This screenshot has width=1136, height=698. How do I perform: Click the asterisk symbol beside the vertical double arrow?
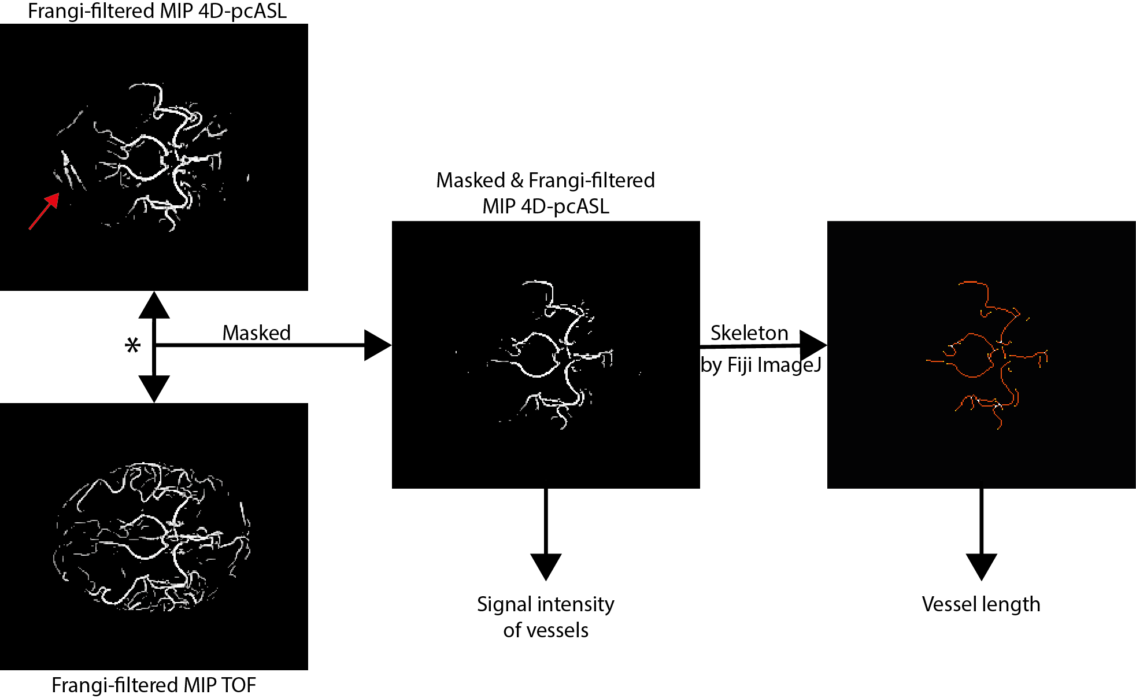(132, 345)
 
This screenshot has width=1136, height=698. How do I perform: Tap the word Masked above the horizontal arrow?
(256, 333)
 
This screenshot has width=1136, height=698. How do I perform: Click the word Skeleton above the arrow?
(749, 333)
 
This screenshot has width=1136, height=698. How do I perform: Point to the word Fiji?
(739, 364)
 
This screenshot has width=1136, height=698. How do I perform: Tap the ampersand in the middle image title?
(517, 180)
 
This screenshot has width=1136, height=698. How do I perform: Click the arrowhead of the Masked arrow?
(378, 345)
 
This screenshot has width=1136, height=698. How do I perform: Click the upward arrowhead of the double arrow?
(154, 305)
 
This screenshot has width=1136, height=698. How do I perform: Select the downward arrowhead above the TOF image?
(154, 388)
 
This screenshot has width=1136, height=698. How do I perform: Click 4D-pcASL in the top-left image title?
(242, 11)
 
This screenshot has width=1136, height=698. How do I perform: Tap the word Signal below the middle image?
(504, 604)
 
